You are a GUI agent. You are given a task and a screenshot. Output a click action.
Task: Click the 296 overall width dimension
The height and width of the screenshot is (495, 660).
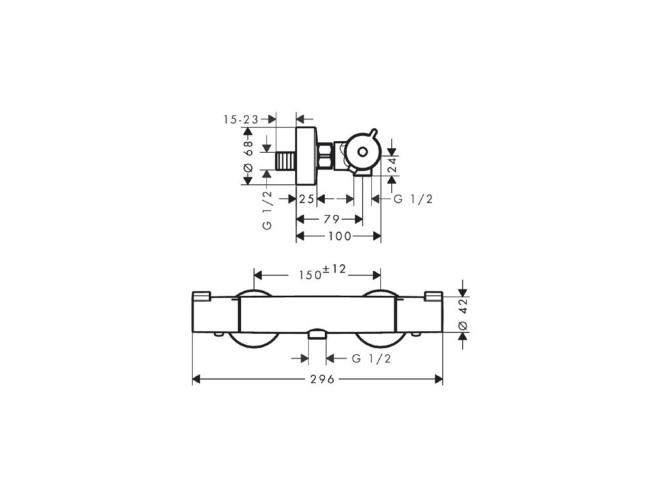[322, 379]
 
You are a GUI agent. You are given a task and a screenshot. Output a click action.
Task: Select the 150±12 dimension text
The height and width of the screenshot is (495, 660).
[322, 273]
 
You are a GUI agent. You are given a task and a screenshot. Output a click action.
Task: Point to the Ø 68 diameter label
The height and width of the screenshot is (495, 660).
[248, 155]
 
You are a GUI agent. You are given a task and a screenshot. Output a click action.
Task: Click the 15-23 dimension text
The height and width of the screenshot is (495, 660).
[241, 120]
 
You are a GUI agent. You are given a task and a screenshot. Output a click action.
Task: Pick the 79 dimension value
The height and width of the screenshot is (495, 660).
[332, 219]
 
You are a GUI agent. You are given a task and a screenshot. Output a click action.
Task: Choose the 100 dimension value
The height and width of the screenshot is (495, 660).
[340, 236]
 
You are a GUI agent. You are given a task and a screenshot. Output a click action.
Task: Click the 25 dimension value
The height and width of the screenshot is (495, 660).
[307, 199]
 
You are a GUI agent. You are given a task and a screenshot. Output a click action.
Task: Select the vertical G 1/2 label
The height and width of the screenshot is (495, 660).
[267, 211]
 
